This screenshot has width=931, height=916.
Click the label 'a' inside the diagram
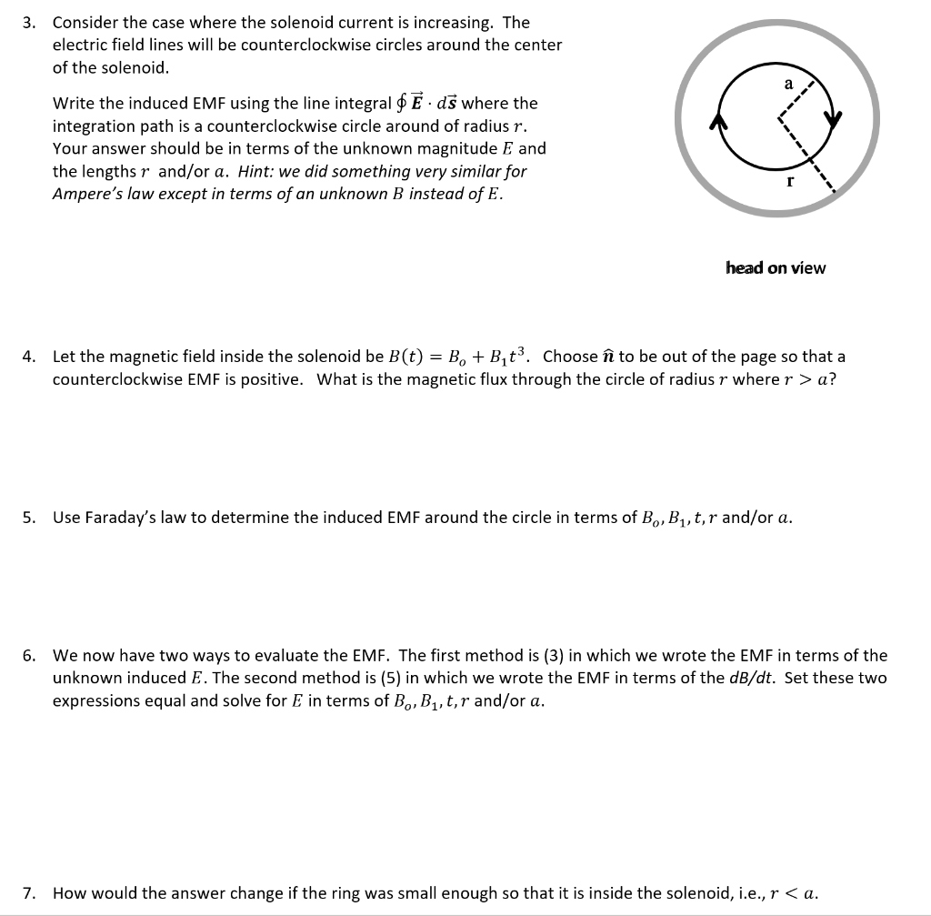[x=788, y=84]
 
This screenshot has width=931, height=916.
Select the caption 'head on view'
[x=776, y=267]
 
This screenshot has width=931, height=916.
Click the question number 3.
[x=29, y=22]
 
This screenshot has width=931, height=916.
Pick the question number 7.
[x=29, y=892]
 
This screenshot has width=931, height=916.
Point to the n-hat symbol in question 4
[x=607, y=357]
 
